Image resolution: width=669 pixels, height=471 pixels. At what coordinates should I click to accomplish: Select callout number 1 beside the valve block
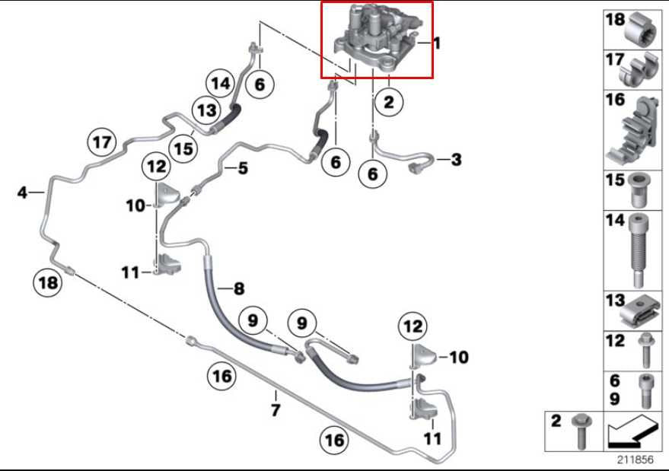pos(437,44)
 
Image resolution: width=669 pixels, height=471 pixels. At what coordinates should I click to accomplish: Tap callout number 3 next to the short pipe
pos(456,160)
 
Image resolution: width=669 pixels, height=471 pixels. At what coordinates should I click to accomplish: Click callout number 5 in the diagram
pos(242,168)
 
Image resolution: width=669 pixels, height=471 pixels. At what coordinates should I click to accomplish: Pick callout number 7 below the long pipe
pos(276,411)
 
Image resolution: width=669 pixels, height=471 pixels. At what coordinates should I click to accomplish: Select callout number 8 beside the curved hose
pos(239,288)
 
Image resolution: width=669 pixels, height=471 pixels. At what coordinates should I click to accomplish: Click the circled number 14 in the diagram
pos(221,83)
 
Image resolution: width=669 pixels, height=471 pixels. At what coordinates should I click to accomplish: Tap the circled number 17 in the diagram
pos(103,142)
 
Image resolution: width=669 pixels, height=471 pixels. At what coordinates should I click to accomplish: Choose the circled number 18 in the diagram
pos(48,283)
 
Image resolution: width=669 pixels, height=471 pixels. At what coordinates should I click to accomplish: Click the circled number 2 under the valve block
pos(389,102)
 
